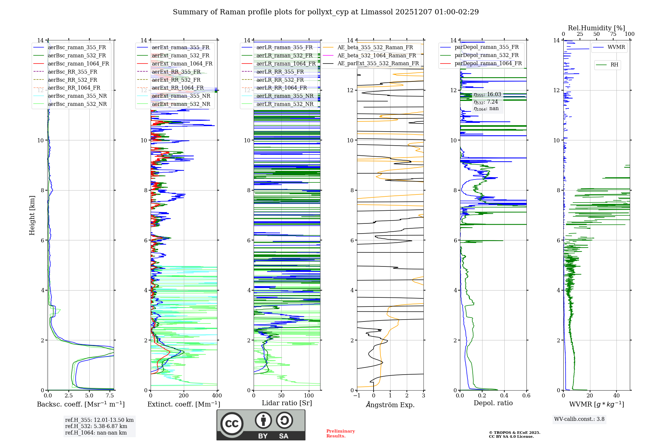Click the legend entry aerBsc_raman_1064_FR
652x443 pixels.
[78, 64]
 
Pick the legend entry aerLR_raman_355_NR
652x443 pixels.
[285, 96]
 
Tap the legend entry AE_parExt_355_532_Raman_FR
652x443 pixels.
[378, 64]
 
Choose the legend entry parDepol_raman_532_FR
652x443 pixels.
[486, 55]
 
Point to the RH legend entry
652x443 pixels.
[614, 65]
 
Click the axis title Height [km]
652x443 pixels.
[32, 215]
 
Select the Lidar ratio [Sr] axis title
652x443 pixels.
[287, 403]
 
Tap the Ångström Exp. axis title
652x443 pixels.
[390, 405]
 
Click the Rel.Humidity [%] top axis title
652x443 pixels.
[596, 28]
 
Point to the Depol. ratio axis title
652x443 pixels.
[493, 403]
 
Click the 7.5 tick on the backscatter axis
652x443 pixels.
[110, 396]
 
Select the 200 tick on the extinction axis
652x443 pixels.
[184, 396]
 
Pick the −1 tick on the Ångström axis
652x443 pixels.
[357, 396]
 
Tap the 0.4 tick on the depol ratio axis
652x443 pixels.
[504, 396]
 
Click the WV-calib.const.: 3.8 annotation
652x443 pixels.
[579, 419]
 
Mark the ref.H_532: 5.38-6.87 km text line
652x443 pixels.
[96, 426]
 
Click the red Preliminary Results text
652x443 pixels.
[340, 434]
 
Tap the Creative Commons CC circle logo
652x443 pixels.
[232, 424]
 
